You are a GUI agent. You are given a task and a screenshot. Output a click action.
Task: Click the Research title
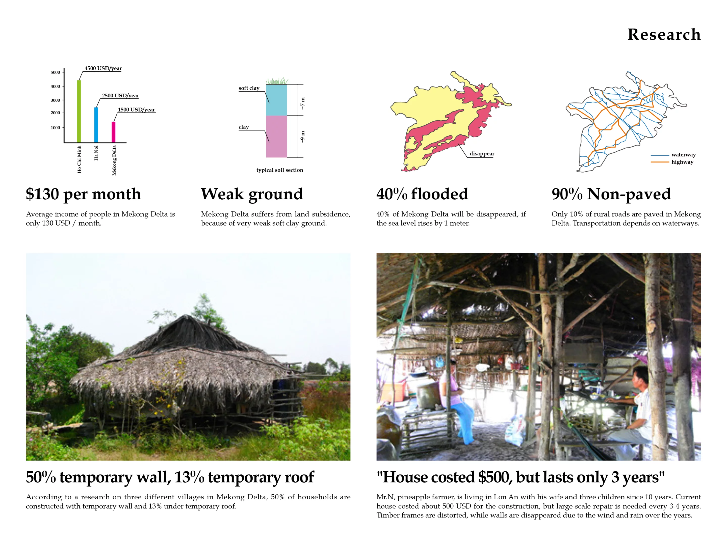click(x=664, y=35)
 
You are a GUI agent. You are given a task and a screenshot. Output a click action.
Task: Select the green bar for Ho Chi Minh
click(x=79, y=111)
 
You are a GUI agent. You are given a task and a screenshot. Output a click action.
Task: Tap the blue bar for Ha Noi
click(x=96, y=125)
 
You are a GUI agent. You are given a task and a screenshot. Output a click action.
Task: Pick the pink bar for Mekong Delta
click(x=113, y=132)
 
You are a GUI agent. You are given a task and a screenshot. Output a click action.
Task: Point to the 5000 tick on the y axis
click(x=55, y=72)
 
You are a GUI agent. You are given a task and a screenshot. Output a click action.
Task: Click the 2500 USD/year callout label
click(x=120, y=96)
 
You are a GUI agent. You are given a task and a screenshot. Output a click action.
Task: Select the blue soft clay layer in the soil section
click(x=276, y=100)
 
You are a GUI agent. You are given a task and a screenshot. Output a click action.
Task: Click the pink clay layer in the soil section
click(x=276, y=136)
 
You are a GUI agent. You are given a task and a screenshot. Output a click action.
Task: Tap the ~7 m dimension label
click(x=302, y=103)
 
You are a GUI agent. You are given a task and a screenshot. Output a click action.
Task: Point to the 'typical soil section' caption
click(x=280, y=170)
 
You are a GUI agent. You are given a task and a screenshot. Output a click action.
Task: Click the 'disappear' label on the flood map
click(x=482, y=153)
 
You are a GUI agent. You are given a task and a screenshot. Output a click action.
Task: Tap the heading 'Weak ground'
click(x=252, y=194)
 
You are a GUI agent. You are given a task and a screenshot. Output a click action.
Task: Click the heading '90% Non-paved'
click(x=611, y=194)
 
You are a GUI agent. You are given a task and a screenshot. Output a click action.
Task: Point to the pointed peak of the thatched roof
click(x=186, y=316)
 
